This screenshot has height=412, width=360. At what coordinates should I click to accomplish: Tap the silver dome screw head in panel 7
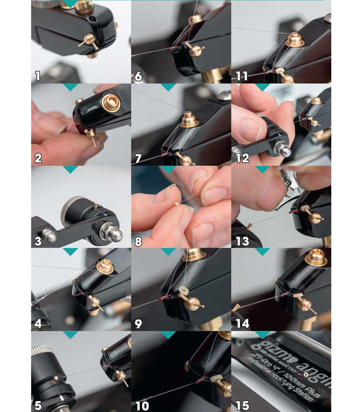pyautogui.click(x=224, y=95)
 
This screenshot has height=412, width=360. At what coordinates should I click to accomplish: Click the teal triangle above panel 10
pyautogui.click(x=168, y=335)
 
